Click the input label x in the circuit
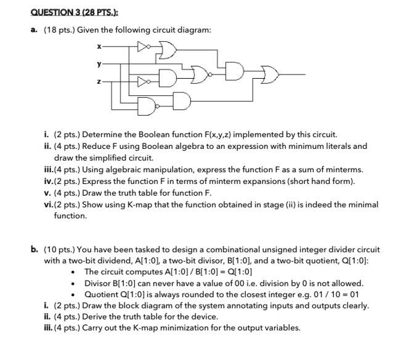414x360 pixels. click(98, 46)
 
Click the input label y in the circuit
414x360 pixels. click(98, 62)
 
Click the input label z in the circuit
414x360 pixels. click(98, 81)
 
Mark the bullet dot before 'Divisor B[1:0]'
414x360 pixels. click(73, 284)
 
